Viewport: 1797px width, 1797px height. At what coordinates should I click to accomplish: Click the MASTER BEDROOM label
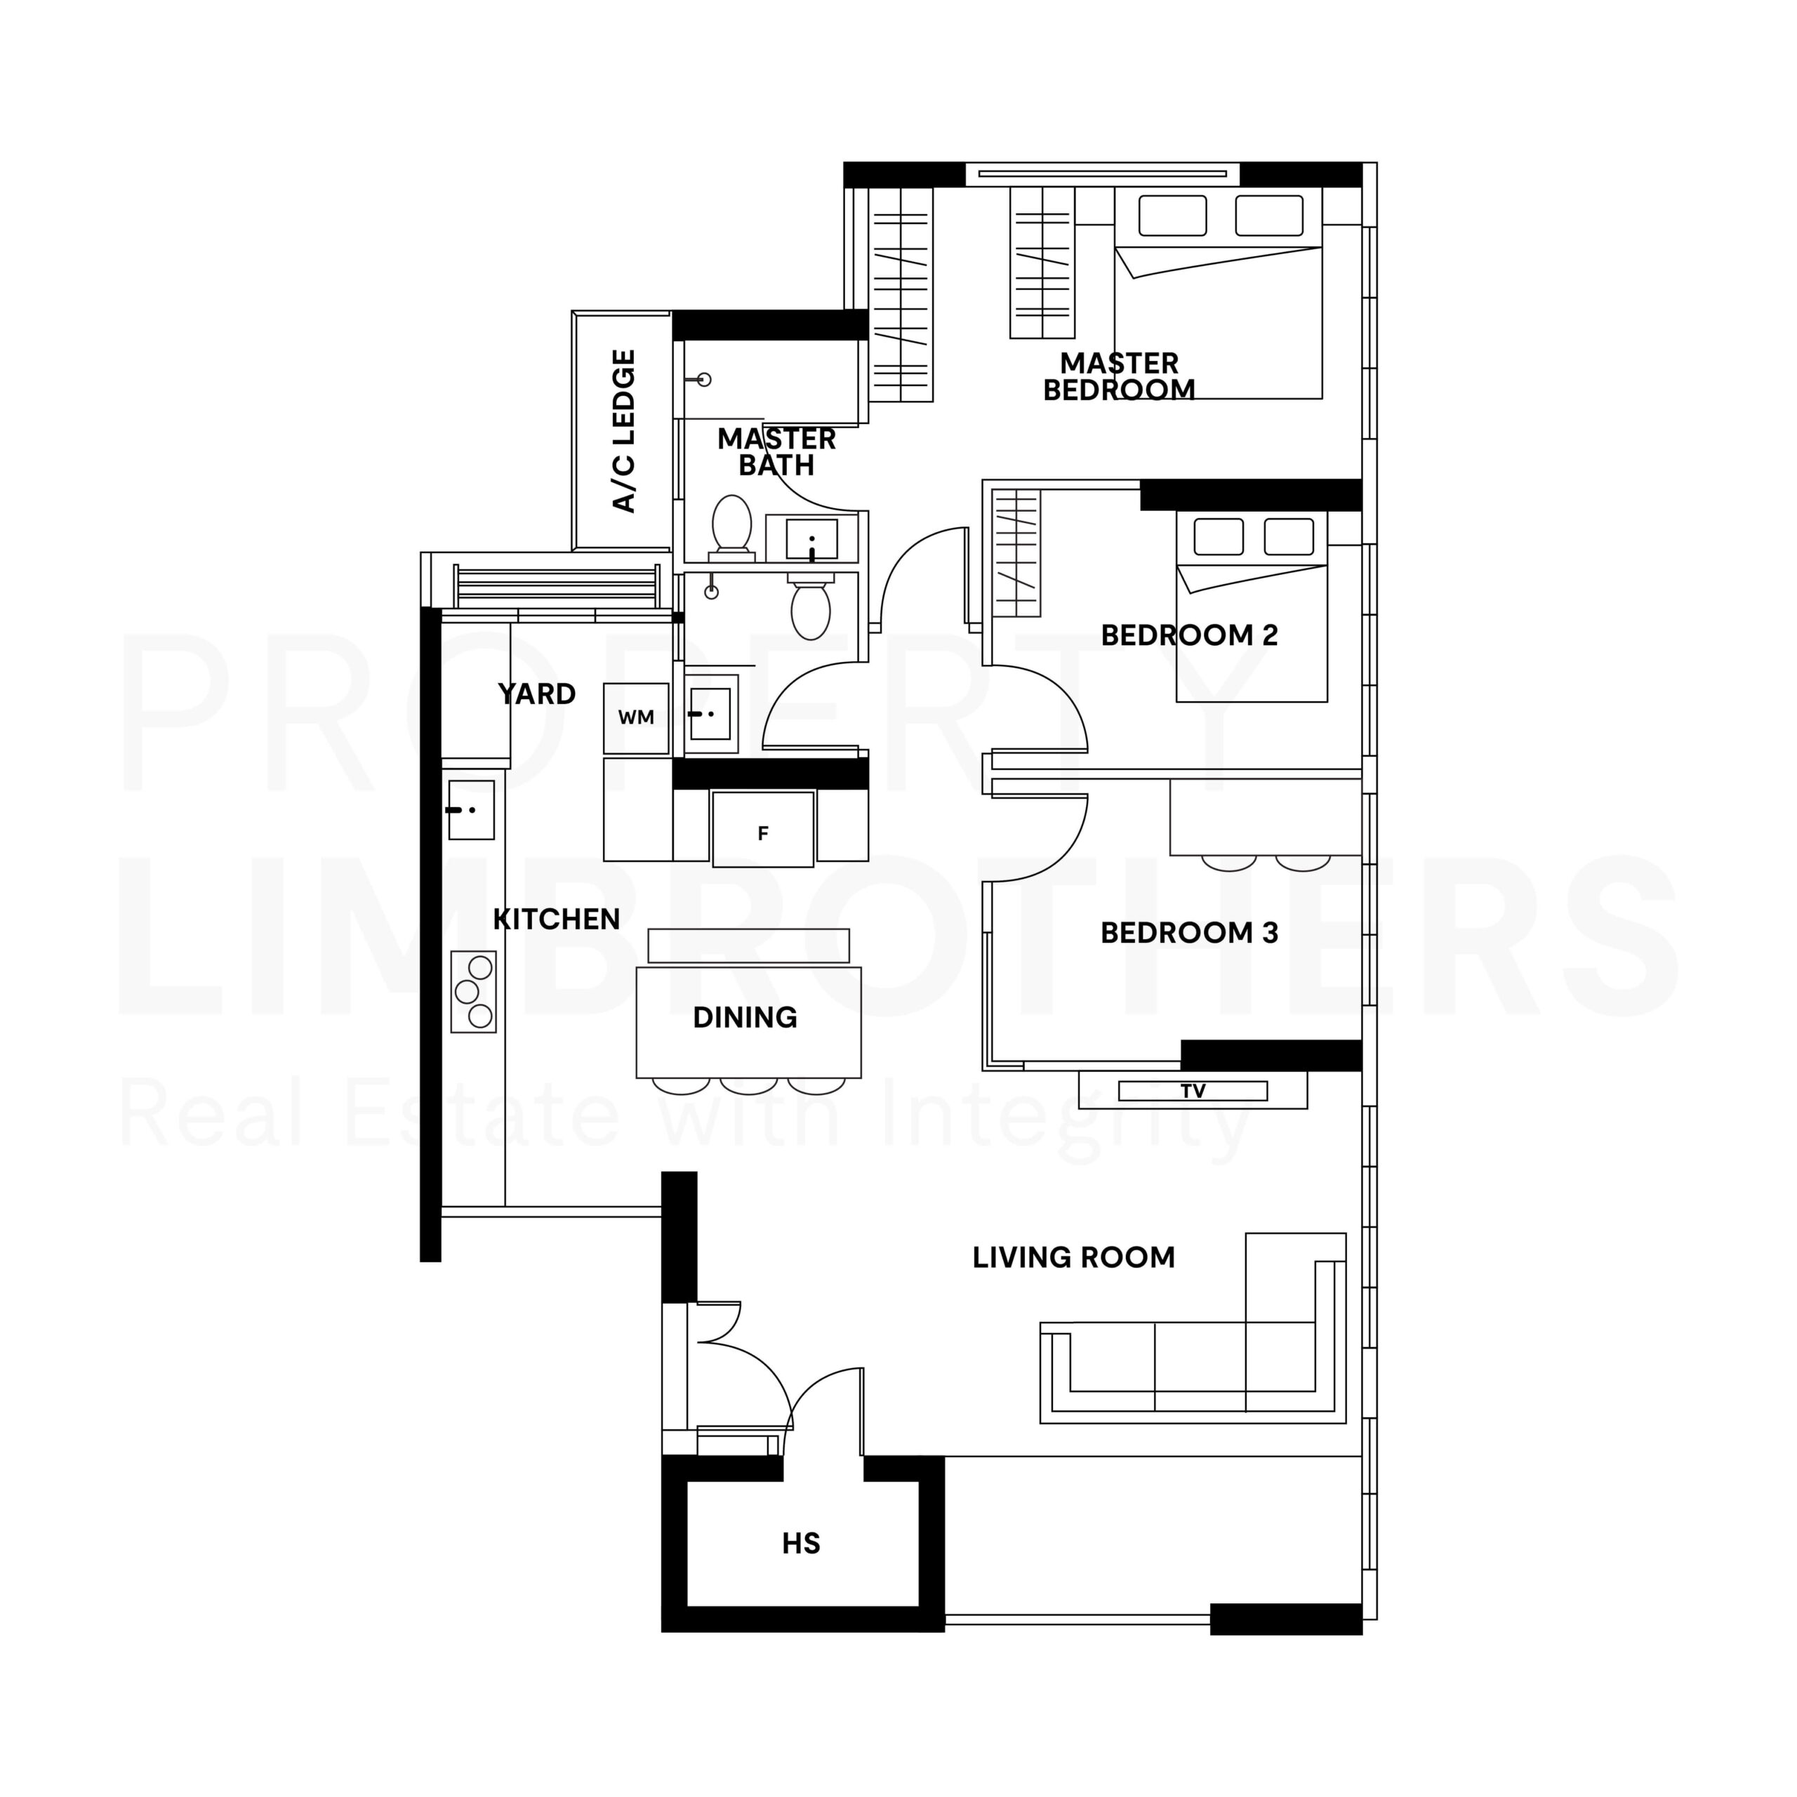(1119, 377)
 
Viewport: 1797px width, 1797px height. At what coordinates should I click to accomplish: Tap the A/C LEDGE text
(624, 432)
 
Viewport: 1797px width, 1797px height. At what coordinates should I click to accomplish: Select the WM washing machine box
(636, 718)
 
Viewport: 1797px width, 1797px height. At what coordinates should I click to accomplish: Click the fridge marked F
(764, 830)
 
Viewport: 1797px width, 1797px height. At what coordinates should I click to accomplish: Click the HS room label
(801, 1545)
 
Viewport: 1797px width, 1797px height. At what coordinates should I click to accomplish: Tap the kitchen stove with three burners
(473, 992)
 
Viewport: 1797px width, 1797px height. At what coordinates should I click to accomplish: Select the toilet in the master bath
(732, 527)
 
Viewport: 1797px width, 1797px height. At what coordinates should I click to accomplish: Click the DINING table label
(745, 1018)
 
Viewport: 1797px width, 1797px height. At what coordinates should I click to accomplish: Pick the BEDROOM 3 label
(1190, 933)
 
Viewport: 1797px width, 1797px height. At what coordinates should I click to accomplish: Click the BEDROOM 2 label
(1190, 635)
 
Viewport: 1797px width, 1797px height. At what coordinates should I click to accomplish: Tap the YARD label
(537, 694)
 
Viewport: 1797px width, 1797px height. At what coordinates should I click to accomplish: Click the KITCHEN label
(556, 920)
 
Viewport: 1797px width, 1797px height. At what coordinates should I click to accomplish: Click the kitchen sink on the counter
(472, 810)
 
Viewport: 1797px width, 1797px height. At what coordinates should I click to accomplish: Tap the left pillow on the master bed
(1172, 215)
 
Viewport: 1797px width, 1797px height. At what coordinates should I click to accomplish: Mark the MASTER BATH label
(776, 452)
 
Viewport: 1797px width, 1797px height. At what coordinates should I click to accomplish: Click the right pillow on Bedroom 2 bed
(1289, 537)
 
